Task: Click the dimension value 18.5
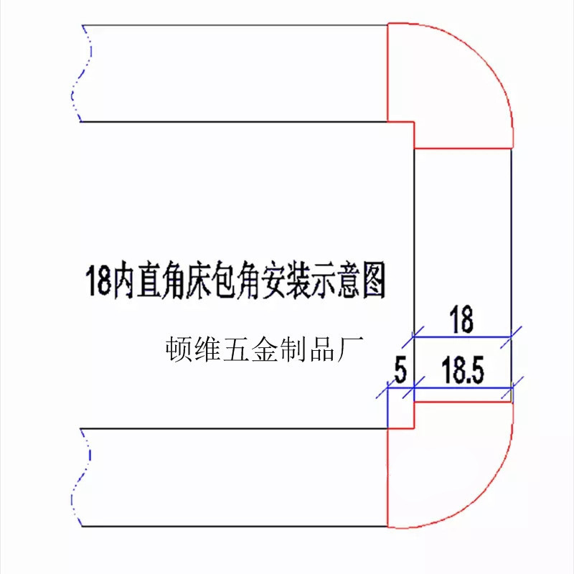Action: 464,372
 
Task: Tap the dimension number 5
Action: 400,372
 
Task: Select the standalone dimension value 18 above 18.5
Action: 461,320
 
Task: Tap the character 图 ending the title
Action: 372,282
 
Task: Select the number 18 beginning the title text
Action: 99,282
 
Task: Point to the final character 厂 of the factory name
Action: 353,352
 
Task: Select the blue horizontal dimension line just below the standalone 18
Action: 463,336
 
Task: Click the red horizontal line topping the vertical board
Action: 464,149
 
